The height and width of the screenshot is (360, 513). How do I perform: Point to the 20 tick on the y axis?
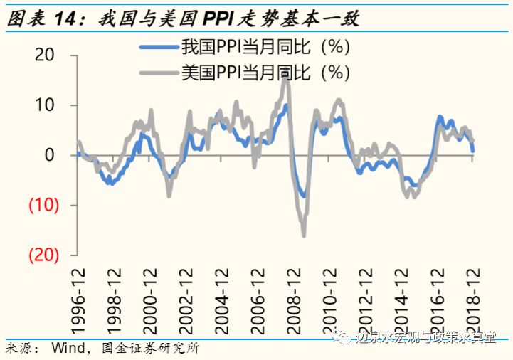click(45, 55)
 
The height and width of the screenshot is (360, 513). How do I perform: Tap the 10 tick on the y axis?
click(45, 105)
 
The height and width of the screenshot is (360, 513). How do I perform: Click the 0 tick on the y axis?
click(50, 155)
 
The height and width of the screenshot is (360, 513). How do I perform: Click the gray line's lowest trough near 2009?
click(303, 235)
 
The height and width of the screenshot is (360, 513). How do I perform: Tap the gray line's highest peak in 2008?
click(285, 74)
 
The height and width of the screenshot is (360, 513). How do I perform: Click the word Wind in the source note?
click(68, 349)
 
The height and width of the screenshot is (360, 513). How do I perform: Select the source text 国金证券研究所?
click(151, 349)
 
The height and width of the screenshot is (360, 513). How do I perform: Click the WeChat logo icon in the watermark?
click(345, 337)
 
